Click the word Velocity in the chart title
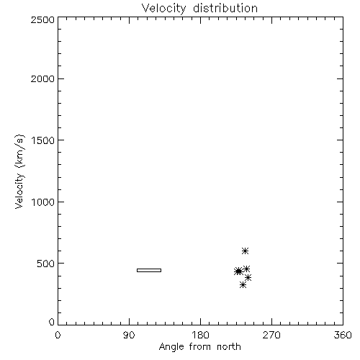tap(163, 9)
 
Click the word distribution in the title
tap(225, 8)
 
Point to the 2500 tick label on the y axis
tap(42, 19)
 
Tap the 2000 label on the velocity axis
tap(42, 78)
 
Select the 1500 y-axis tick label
tap(43, 140)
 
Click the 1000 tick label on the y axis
tap(43, 202)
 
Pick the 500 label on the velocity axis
tap(46, 264)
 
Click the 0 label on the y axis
tap(52, 322)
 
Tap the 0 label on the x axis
tap(58, 335)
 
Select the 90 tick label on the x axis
tap(129, 335)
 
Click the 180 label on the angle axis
tap(200, 335)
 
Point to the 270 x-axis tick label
tap(271, 335)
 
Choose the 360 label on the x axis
tap(343, 335)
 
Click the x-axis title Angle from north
tap(200, 347)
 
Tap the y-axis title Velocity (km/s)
tap(19, 171)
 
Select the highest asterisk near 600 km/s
tap(245, 251)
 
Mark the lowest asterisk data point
tap(243, 285)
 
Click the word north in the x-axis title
tap(229, 347)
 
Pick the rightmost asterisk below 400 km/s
tap(248, 278)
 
